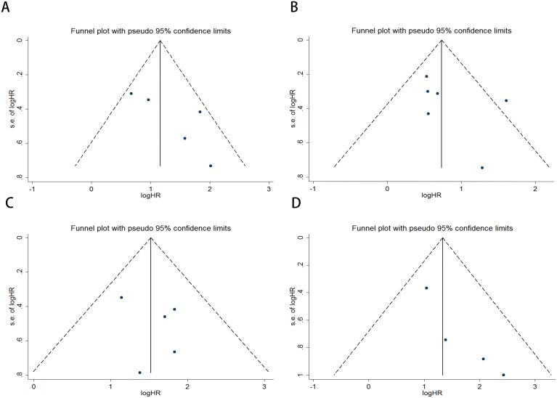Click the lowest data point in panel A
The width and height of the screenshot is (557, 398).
point(210,166)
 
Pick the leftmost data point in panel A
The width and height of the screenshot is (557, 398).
point(131,94)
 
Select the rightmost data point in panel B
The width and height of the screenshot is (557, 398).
point(506,100)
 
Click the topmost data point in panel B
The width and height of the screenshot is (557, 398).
point(426,76)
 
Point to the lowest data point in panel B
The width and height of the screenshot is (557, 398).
point(481,168)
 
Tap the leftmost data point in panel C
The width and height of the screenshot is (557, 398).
point(121,297)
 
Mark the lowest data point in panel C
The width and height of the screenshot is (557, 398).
point(139,373)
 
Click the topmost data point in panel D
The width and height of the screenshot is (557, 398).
point(426,288)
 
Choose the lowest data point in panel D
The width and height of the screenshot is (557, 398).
point(503,375)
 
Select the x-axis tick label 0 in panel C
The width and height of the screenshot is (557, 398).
point(33,386)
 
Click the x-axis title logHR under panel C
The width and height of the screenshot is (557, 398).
point(150,394)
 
